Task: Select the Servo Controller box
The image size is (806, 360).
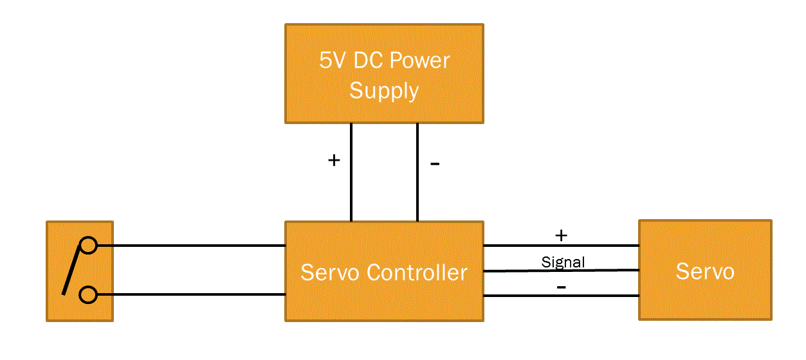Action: tap(384, 302)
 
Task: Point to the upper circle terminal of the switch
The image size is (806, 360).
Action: tap(88, 245)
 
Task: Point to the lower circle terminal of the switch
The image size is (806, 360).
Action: tap(88, 294)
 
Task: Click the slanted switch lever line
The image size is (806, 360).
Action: tap(72, 270)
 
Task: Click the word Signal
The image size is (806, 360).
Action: tap(563, 262)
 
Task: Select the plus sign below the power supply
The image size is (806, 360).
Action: tap(333, 160)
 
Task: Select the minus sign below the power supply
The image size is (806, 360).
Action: tap(435, 164)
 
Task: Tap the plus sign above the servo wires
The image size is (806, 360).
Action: tap(561, 235)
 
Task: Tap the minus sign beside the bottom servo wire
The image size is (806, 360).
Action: tap(561, 287)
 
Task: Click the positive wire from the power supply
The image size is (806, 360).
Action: tap(351, 186)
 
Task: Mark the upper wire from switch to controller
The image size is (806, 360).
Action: tap(193, 245)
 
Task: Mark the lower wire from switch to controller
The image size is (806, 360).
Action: tap(193, 294)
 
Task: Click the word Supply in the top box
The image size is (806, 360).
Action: tap(384, 91)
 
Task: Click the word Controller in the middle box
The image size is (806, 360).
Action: tap(416, 273)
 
